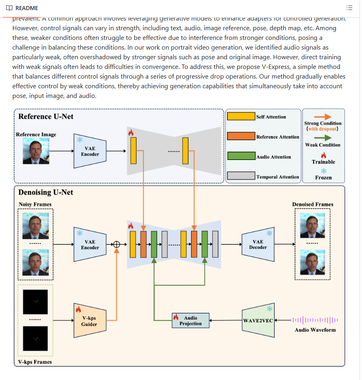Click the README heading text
[x=27, y=8]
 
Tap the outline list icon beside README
[x=349, y=8]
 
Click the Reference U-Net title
[x=46, y=117]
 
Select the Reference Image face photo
[x=36, y=151]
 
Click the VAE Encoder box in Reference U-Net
[x=90, y=151]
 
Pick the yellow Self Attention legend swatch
[x=241, y=116]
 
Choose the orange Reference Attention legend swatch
[x=241, y=136]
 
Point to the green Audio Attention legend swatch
[x=241, y=156]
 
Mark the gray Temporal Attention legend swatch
[x=241, y=176]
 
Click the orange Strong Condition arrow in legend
[x=323, y=116]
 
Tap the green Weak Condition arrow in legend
[x=323, y=137]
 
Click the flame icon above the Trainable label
[x=323, y=155]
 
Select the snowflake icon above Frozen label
[x=323, y=171]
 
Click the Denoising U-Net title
[x=46, y=193]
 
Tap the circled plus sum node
[x=117, y=244]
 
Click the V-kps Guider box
[x=89, y=321]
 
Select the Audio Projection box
[x=190, y=321]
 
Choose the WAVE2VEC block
[x=258, y=321]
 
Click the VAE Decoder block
[x=258, y=244]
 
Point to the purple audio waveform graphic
[x=314, y=320]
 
